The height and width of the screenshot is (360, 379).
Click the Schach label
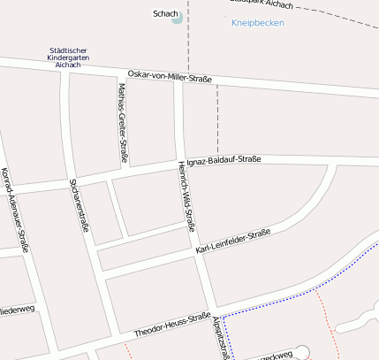click(x=165, y=14)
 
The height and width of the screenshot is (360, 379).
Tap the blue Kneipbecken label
click(x=258, y=23)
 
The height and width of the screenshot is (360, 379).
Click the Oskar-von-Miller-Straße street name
click(x=170, y=78)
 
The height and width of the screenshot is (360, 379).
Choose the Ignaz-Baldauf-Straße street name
click(x=224, y=160)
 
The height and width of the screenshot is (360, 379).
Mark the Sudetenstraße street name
click(x=80, y=204)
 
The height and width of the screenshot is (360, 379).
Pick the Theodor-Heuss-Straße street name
click(x=172, y=325)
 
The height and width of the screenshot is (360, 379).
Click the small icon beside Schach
click(x=178, y=17)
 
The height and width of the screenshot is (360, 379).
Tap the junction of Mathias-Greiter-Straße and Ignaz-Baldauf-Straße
click(x=124, y=171)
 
